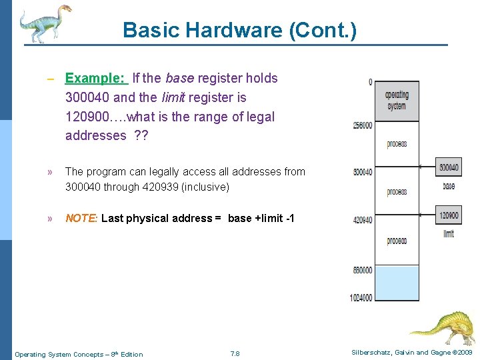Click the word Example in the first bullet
(94, 78)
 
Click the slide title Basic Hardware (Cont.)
(239, 30)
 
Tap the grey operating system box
(397, 101)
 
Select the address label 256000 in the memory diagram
(363, 125)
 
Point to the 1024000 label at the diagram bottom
(361, 297)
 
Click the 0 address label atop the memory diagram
(370, 82)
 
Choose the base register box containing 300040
(448, 167)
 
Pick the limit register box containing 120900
(448, 215)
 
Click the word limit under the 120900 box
(448, 234)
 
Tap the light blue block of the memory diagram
(397, 283)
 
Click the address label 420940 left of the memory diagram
(363, 219)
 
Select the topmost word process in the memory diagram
(397, 144)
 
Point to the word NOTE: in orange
(81, 219)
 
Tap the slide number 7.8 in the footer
(235, 353)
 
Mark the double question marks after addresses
(141, 136)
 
